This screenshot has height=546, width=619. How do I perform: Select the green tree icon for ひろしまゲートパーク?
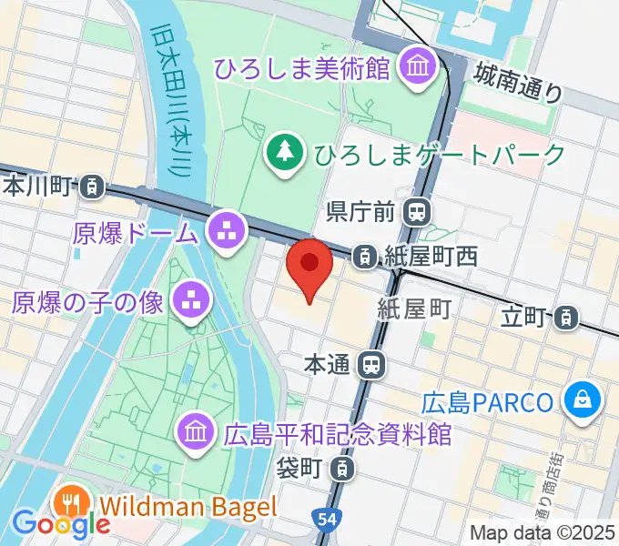(287, 150)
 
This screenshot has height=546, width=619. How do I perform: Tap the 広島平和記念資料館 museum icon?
(196, 430)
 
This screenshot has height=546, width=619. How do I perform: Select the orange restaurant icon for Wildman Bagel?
(71, 503)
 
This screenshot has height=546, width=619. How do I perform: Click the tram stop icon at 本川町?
(91, 187)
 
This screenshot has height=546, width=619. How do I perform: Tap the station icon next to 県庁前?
(418, 213)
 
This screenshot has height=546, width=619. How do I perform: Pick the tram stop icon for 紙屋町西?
(365, 257)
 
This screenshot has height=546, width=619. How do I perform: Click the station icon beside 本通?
(371, 366)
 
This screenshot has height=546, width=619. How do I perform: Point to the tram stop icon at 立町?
(567, 317)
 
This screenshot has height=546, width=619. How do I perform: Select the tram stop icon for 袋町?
(340, 470)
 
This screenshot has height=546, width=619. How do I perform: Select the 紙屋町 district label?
(415, 309)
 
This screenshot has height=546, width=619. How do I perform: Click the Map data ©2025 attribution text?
(542, 533)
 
